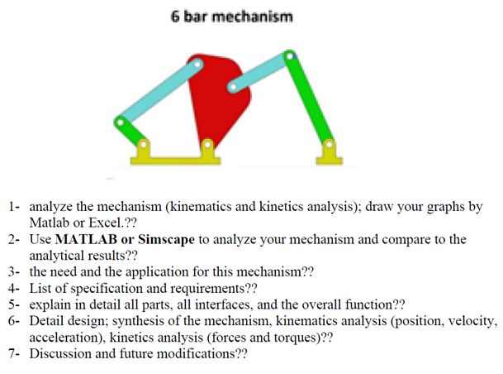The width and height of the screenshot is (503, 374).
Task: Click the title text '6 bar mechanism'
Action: pos(231,17)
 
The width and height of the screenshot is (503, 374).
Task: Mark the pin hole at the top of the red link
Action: pos(197,62)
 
